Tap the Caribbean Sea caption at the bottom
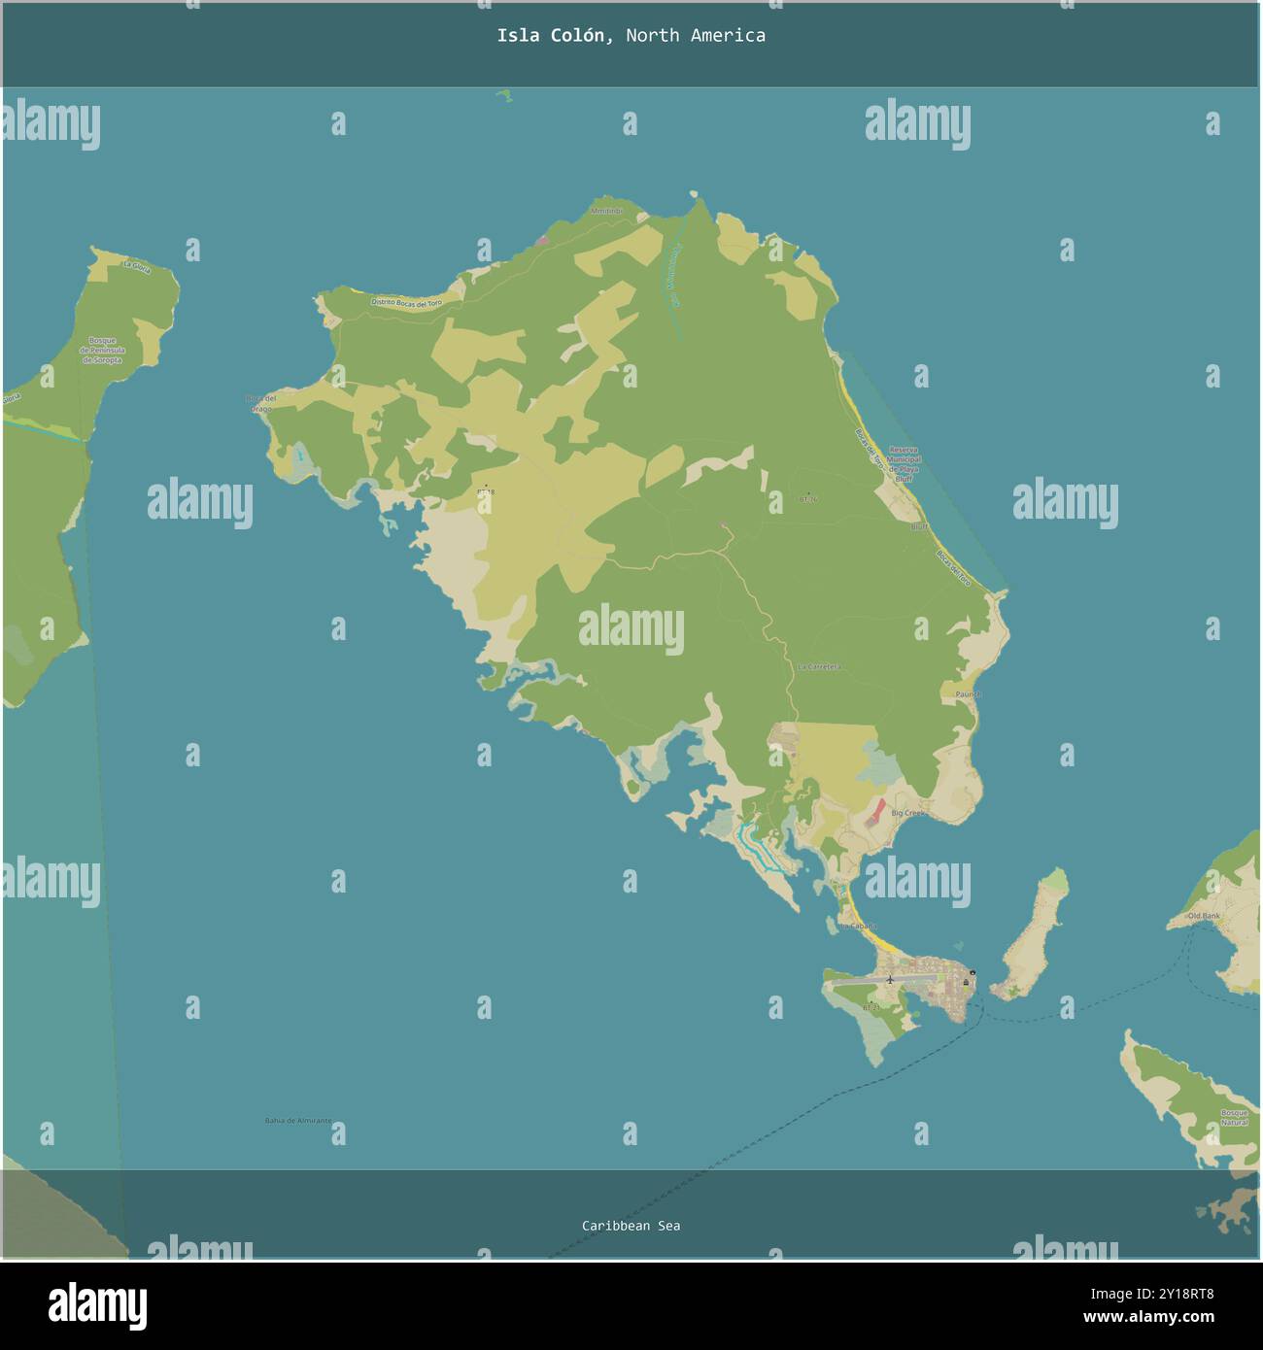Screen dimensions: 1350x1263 tap(631, 1226)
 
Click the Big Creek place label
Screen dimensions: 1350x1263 tap(908, 813)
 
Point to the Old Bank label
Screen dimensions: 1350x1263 tap(1204, 916)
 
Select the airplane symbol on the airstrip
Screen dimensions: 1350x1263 tap(889, 979)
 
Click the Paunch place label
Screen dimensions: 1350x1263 tap(968, 694)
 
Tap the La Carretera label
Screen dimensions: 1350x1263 tap(818, 667)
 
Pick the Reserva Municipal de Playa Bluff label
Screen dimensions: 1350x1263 tap(904, 464)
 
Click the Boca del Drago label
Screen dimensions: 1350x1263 tap(261, 403)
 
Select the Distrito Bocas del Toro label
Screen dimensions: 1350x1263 tap(406, 303)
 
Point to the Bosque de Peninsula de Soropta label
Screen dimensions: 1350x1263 tap(102, 351)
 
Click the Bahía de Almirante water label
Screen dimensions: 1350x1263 tap(297, 1121)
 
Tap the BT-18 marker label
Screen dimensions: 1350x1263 tap(486, 492)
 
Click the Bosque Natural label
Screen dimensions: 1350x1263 tap(1234, 1117)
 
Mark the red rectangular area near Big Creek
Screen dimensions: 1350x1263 tap(875, 811)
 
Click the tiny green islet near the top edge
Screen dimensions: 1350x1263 tap(504, 95)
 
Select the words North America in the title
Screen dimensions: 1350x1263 tap(695, 36)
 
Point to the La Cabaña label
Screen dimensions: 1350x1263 tap(859, 927)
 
